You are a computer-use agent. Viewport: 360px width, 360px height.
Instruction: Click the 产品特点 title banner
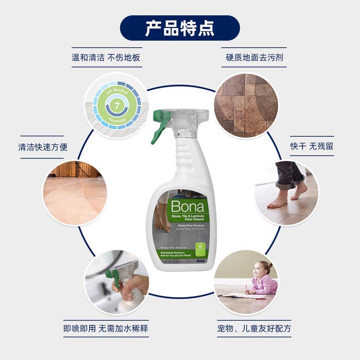[x=180, y=28]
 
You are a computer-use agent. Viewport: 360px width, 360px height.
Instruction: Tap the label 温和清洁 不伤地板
[x=106, y=58]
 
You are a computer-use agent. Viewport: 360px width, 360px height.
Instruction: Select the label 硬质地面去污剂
[x=254, y=58]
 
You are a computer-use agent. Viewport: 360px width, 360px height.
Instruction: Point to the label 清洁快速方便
[x=42, y=147]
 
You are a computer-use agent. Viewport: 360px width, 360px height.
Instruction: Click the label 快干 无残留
[x=311, y=146]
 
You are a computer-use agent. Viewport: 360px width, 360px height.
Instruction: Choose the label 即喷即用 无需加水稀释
[x=106, y=328]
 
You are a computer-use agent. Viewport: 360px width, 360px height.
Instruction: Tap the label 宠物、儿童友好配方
[x=253, y=328]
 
